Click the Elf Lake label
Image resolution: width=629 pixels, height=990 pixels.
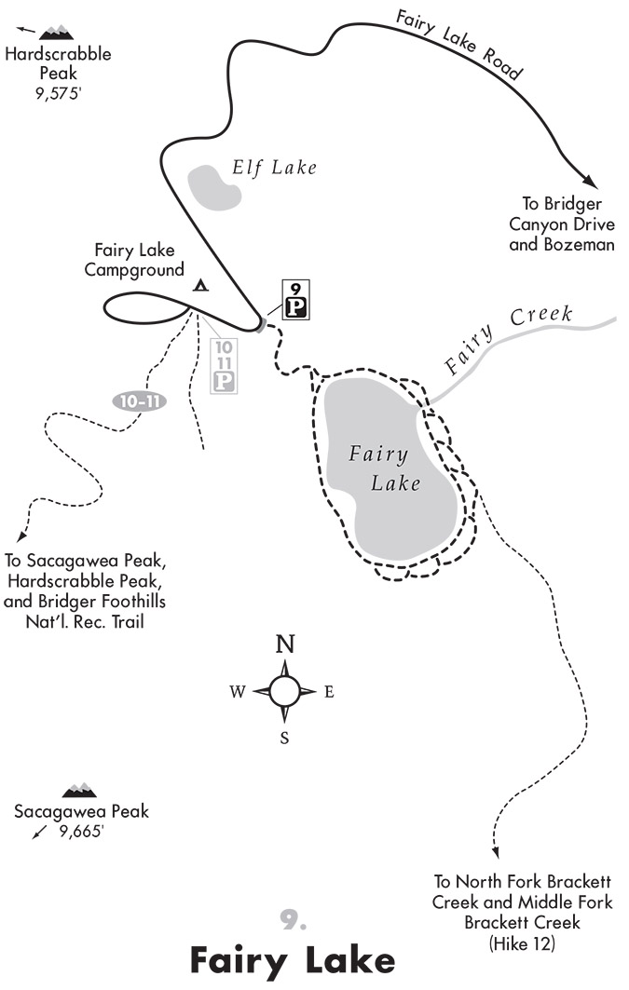click(274, 168)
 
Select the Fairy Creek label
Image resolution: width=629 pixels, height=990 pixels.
click(508, 337)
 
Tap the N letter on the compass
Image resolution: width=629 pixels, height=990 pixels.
click(285, 644)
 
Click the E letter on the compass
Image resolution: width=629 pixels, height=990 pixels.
click(328, 692)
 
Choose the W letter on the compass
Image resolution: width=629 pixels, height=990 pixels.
click(238, 692)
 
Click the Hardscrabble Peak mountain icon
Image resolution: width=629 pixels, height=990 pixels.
click(57, 33)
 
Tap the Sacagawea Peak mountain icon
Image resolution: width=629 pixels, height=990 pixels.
click(79, 791)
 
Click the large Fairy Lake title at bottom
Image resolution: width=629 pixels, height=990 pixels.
click(293, 959)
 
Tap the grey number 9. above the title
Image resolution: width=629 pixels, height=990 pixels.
click(293, 920)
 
